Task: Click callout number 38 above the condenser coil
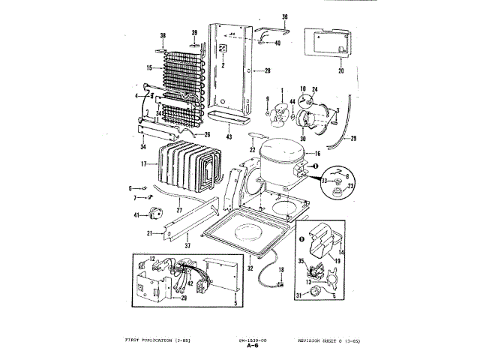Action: pos(163,35)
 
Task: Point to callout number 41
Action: pos(136,215)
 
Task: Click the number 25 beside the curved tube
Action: pos(353,139)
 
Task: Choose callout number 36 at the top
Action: pos(284,16)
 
